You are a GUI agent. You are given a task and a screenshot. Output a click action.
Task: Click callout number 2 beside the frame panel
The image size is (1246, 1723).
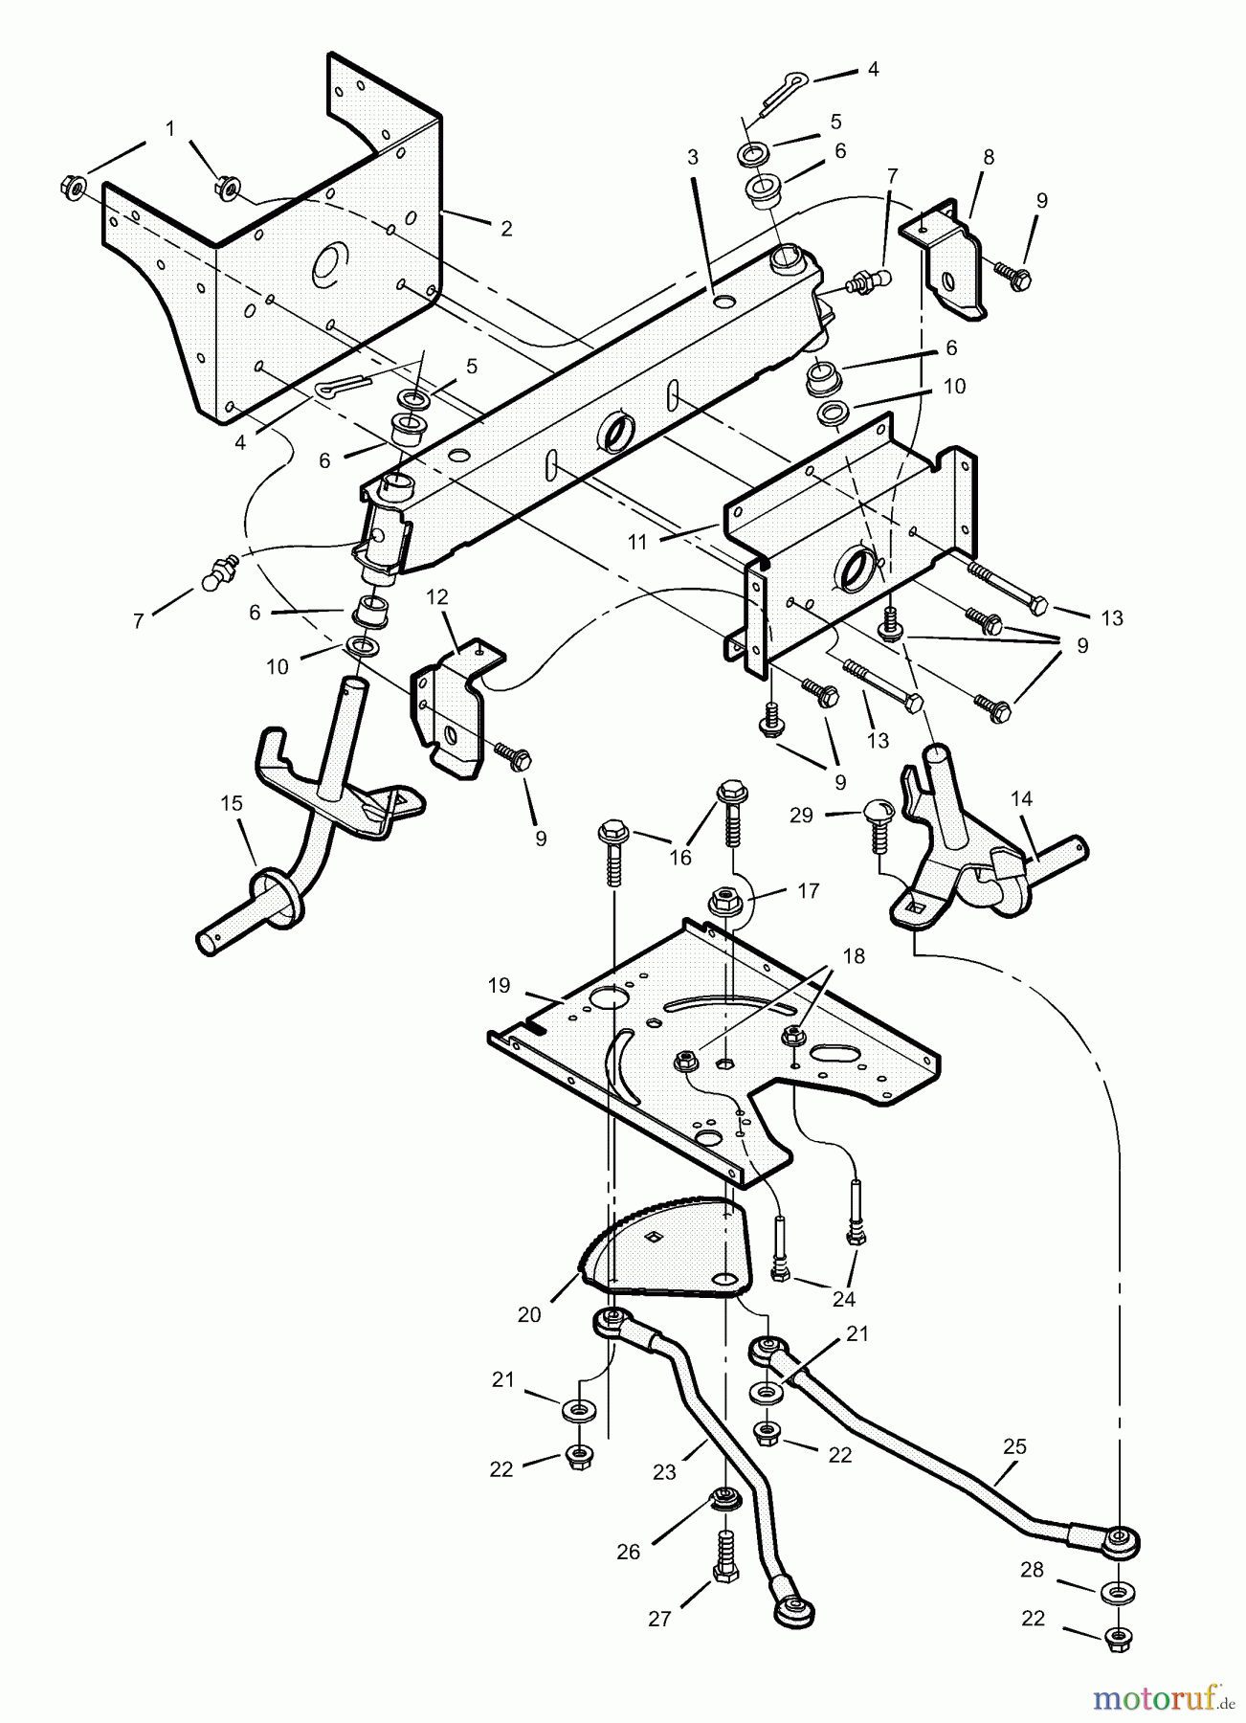(x=506, y=229)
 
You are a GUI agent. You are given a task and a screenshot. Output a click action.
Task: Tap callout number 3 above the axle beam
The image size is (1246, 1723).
(x=693, y=157)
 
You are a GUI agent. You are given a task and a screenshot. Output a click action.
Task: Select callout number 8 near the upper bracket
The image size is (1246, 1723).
(x=989, y=158)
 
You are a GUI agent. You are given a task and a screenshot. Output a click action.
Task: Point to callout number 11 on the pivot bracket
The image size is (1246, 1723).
(x=638, y=542)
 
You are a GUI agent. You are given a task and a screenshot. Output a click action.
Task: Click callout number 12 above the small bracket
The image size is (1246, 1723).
(x=436, y=597)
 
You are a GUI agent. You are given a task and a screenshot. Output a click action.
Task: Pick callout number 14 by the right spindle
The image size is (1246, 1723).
(x=1021, y=797)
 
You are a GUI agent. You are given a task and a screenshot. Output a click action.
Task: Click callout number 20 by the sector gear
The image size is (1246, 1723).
(x=529, y=1315)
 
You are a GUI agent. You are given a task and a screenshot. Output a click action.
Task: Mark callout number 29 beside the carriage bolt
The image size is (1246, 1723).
(x=801, y=815)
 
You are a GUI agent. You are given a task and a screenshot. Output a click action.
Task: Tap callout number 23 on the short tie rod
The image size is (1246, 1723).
(x=665, y=1472)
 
